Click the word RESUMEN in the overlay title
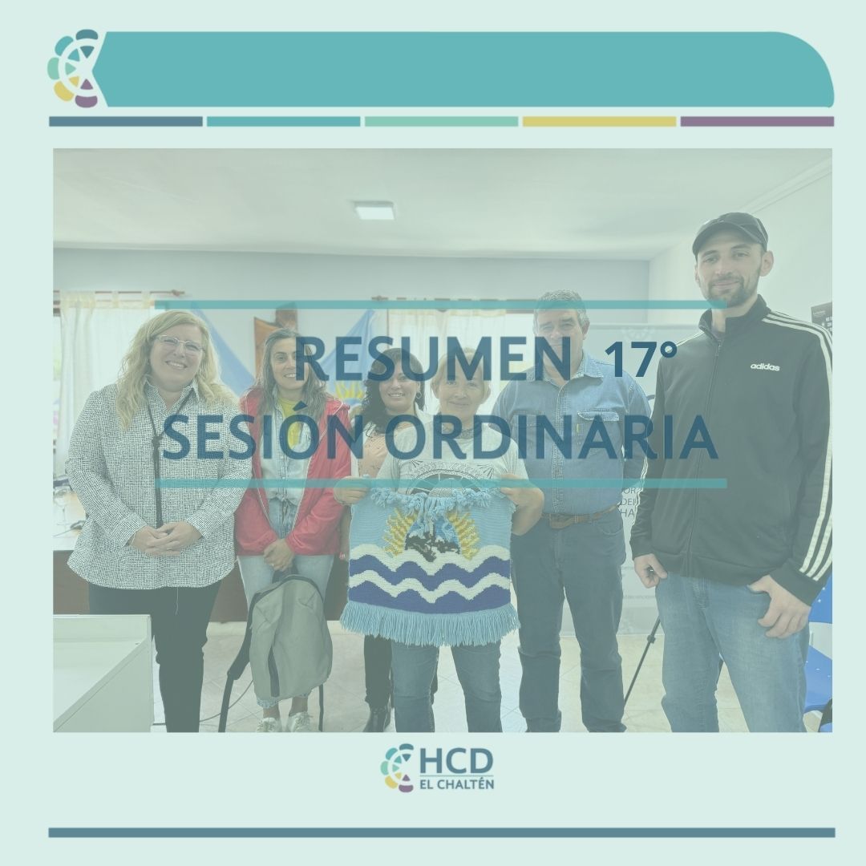tap(433, 360)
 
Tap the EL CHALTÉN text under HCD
tap(457, 783)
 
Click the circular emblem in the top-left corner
tap(75, 67)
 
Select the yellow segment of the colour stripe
tap(599, 122)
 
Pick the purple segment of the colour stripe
tap(757, 122)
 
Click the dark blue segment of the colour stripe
tap(126, 122)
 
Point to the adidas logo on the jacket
tap(765, 366)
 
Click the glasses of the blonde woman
tap(179, 345)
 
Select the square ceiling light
tap(374, 209)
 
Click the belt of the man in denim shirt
tap(577, 517)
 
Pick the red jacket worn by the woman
tap(293, 475)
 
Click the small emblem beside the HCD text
tap(397, 767)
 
